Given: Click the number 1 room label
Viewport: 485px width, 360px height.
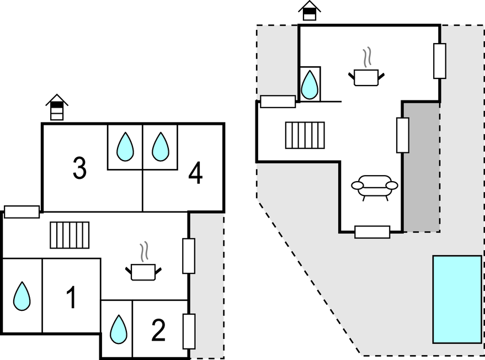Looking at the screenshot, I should click(71, 298).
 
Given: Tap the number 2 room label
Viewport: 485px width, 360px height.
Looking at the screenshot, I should click(158, 331).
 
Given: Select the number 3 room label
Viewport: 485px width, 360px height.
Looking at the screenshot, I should click(80, 168).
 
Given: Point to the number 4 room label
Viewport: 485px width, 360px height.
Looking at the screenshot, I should click(195, 174).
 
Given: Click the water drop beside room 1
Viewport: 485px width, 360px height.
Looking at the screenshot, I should click(22, 296).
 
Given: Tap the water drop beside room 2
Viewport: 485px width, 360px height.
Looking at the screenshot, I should click(118, 330).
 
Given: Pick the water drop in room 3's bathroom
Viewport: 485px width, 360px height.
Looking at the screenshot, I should click(125, 147).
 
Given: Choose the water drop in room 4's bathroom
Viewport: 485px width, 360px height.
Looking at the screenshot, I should click(161, 147).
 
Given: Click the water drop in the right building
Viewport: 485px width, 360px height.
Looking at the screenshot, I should click(310, 84).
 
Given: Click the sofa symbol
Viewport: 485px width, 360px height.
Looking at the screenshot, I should click(375, 187).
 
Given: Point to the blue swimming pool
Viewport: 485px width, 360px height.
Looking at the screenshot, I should click(457, 299).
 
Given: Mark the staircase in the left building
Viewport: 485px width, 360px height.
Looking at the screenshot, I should click(70, 235).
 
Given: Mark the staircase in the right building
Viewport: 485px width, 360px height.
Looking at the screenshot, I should click(305, 135).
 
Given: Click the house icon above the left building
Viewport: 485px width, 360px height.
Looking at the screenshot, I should click(57, 108).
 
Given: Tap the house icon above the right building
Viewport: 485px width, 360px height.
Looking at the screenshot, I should click(310, 10).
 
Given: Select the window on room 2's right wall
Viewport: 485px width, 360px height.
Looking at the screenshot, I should click(189, 331).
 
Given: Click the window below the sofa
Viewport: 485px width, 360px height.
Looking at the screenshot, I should click(372, 232).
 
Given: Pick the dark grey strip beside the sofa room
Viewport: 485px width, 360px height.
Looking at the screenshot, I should click(421, 166).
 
